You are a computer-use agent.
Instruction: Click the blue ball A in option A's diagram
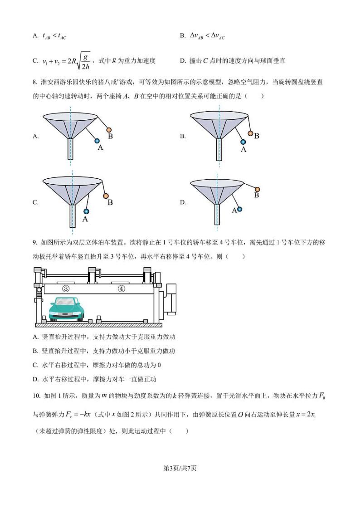(97, 141)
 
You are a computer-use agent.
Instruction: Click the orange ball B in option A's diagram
(109, 130)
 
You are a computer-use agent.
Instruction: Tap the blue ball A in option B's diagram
(243, 142)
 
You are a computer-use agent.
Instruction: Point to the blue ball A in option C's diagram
(86, 211)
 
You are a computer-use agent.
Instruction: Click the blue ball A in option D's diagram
(239, 209)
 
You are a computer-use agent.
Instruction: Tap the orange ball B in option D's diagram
(258, 189)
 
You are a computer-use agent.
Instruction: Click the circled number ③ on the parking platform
(66, 289)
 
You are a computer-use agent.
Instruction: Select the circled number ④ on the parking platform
(121, 289)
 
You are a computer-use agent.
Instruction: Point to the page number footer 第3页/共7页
(180, 468)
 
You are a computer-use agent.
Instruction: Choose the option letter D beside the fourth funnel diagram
(183, 202)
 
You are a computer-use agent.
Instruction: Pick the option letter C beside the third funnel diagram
(35, 202)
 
